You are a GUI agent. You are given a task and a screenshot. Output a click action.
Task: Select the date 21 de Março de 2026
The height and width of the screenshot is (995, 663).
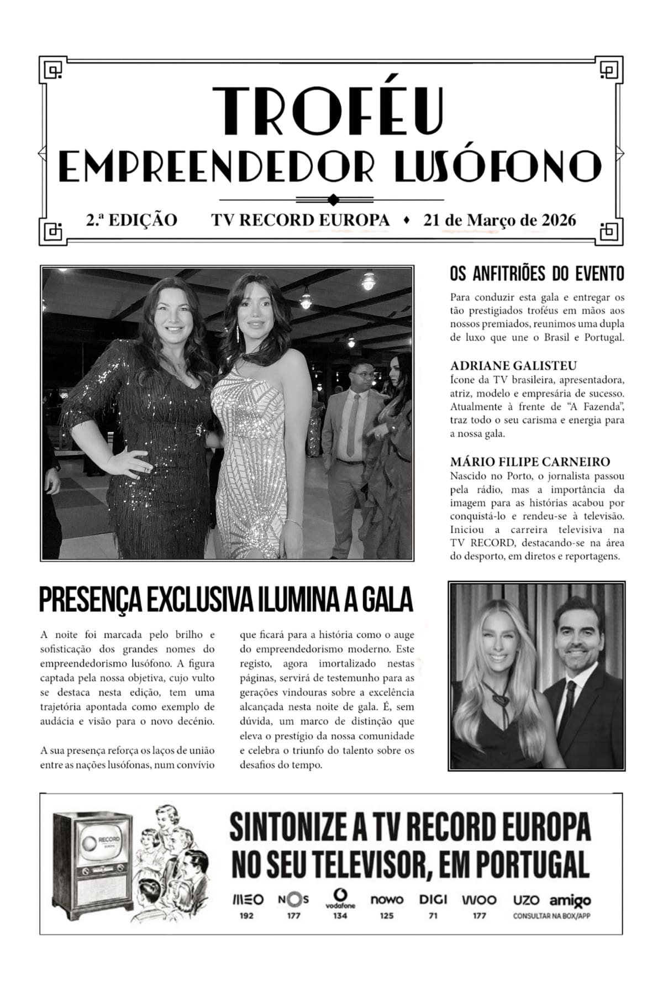pos(499,220)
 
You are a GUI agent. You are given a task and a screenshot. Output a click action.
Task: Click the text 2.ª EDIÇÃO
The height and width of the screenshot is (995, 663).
pos(131,220)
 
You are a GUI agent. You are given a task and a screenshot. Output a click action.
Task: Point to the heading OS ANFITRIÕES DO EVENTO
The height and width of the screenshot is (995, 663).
pos(537,274)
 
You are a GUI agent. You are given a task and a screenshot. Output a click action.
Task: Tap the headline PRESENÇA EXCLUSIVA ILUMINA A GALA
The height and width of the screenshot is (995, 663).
pos(227,599)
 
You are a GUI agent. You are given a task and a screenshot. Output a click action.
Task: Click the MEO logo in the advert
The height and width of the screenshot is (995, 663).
pos(247,899)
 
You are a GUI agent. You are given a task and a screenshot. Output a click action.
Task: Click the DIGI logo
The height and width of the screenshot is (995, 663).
pos(433,899)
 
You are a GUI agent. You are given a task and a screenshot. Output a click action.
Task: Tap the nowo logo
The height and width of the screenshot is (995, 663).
pos(387,899)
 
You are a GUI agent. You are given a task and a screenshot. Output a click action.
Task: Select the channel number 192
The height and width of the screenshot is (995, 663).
pos(246,916)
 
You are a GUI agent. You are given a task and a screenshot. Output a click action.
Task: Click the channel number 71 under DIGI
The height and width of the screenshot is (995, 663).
pos(433,916)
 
